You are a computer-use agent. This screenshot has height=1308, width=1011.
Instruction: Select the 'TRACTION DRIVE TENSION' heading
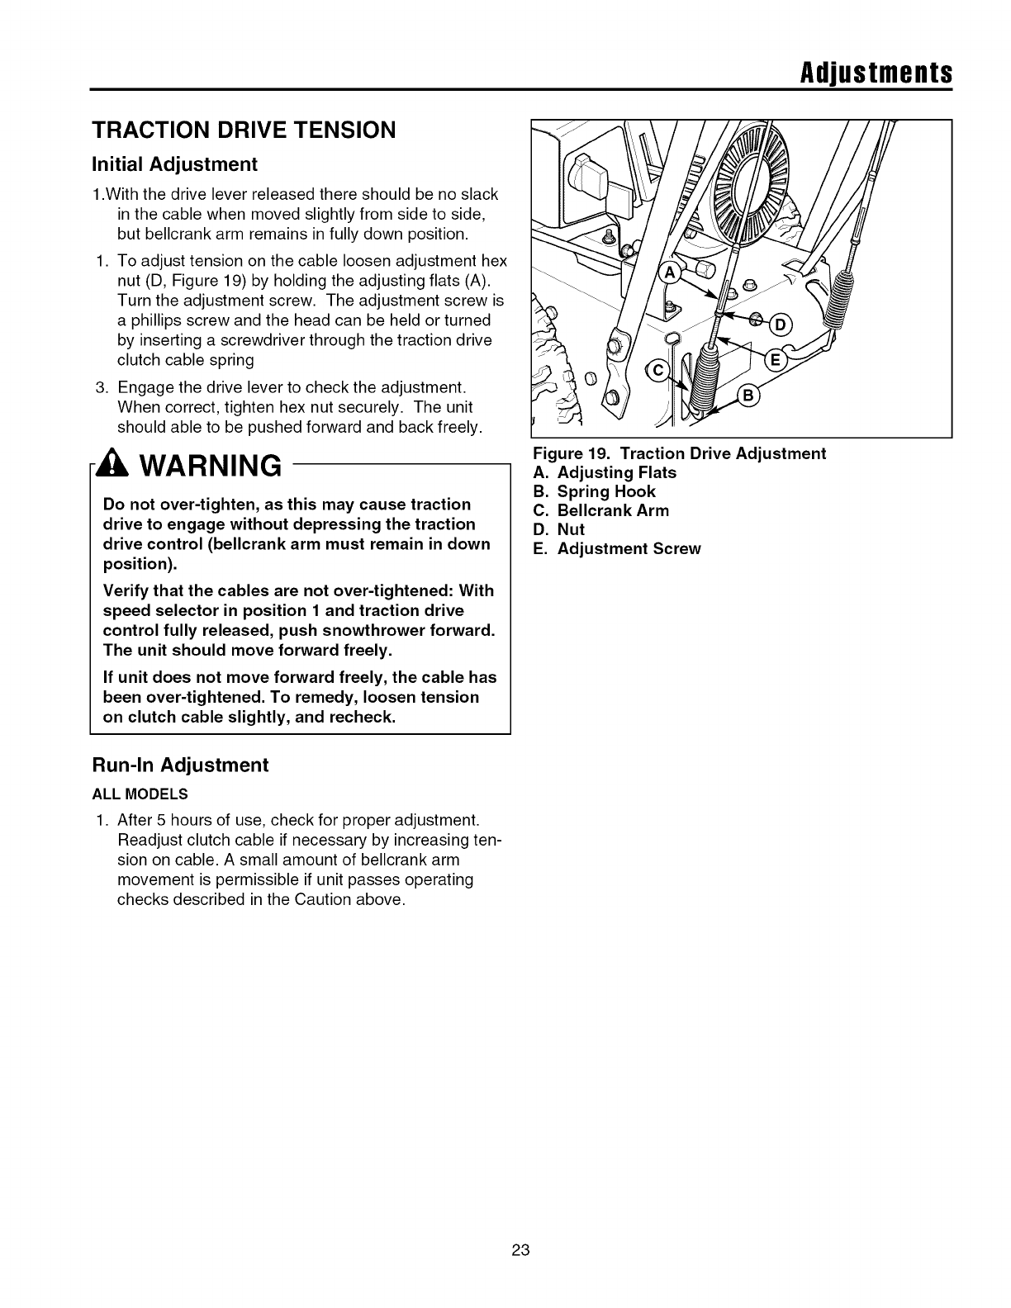244,130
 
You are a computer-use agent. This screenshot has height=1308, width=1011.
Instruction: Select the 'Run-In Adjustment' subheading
180,765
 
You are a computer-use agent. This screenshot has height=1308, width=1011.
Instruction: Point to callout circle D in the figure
781,325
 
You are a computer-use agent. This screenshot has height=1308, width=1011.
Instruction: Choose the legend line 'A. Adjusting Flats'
605,472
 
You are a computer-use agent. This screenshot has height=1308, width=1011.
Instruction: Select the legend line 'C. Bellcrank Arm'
601,510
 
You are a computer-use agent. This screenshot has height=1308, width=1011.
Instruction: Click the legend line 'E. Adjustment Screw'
616,548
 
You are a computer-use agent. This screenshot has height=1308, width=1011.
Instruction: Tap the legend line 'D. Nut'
559,529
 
